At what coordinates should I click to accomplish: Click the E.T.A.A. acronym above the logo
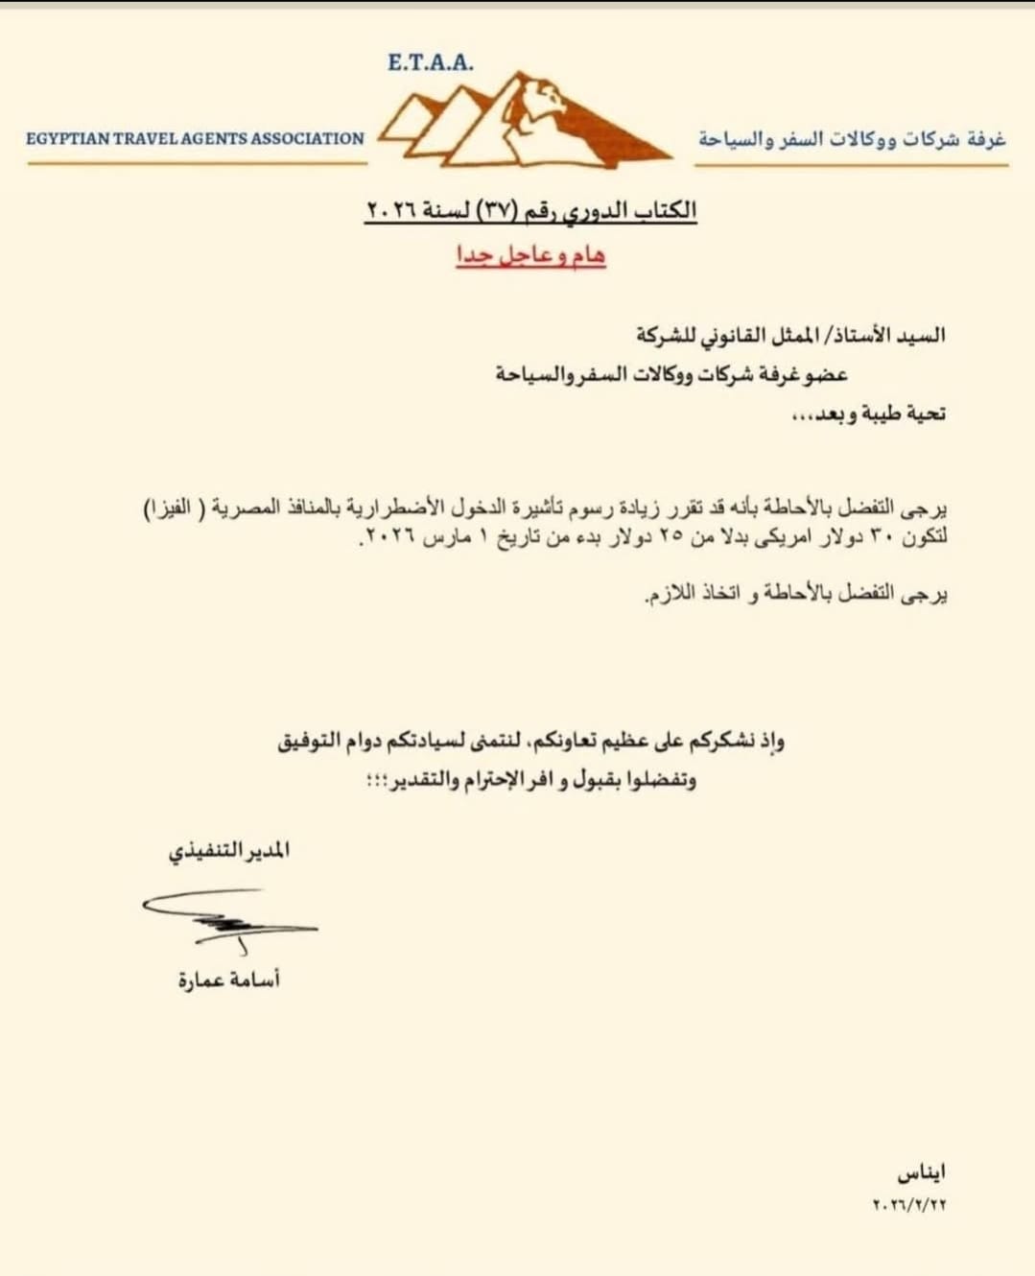(x=431, y=63)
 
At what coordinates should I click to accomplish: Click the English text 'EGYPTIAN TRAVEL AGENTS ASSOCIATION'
(x=195, y=138)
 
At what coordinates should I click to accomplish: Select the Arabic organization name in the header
(x=852, y=139)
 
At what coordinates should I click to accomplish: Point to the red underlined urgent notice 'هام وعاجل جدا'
(x=530, y=255)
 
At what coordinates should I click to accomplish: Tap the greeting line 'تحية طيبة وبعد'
(x=867, y=414)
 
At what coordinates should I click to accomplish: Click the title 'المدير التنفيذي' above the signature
(x=229, y=852)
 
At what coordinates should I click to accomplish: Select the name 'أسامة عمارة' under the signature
(x=229, y=980)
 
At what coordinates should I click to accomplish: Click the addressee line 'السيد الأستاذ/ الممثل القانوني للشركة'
(x=790, y=335)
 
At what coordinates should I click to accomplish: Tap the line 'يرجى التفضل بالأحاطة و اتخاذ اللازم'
(x=796, y=595)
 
